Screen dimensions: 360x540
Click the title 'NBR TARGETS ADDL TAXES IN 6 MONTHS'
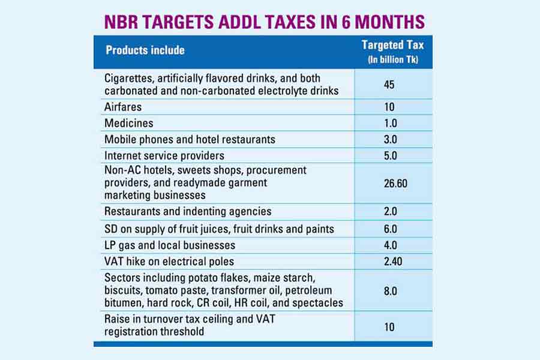pos(265,22)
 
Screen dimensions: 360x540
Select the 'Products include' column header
pos(145,50)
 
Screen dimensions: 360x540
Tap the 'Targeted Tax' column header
pos(393,45)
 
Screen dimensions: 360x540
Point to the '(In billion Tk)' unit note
pos(393,59)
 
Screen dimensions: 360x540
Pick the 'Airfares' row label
pos(123,107)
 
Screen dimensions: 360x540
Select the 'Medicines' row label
pos(128,123)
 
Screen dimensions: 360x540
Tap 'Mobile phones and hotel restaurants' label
pos(190,139)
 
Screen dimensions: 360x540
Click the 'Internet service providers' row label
pos(164,155)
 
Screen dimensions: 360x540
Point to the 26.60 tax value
pos(393,183)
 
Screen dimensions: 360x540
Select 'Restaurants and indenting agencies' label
pos(188,211)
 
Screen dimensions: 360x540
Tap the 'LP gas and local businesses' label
pos(170,245)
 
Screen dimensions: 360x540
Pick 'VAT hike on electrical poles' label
pos(169,261)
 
